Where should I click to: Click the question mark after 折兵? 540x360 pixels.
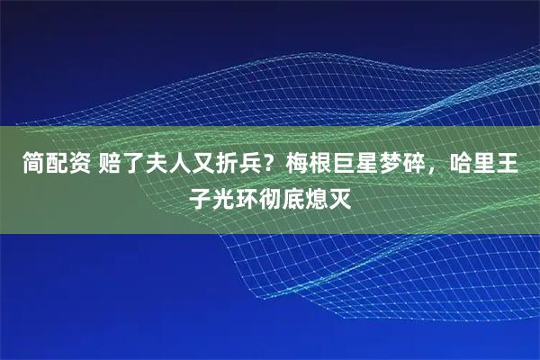tap(270, 166)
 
